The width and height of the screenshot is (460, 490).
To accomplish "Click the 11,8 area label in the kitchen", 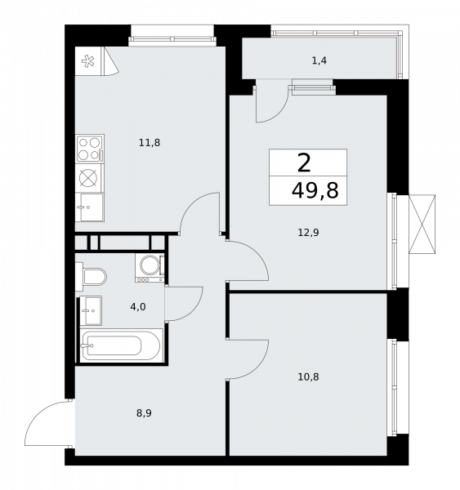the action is pyautogui.click(x=150, y=143).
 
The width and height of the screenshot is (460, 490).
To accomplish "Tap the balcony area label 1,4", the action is pyautogui.click(x=319, y=60).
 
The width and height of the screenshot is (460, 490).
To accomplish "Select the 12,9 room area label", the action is pyautogui.click(x=308, y=233).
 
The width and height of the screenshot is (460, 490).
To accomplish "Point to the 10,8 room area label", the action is pyautogui.click(x=308, y=377).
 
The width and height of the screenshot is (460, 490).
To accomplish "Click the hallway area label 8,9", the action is pyautogui.click(x=144, y=413).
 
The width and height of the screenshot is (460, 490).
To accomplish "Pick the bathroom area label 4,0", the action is pyautogui.click(x=138, y=307).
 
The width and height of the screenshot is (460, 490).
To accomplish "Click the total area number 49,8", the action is pyautogui.click(x=315, y=191).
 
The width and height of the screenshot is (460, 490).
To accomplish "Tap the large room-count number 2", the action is pyautogui.click(x=304, y=163).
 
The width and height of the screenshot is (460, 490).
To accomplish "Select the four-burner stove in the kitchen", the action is pyautogui.click(x=90, y=149).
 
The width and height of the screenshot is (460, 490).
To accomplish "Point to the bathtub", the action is pyautogui.click(x=121, y=345).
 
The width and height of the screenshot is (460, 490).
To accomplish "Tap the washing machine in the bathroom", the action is pyautogui.click(x=150, y=268).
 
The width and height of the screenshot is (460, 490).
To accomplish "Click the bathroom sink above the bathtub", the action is pyautogui.click(x=91, y=310).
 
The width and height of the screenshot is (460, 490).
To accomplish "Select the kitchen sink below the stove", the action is pyautogui.click(x=89, y=207).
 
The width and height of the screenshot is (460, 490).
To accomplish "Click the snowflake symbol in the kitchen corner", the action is pyautogui.click(x=88, y=61).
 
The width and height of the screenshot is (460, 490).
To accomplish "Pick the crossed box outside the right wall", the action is pyautogui.click(x=422, y=224).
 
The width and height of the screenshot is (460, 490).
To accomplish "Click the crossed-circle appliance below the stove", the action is pyautogui.click(x=88, y=178).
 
